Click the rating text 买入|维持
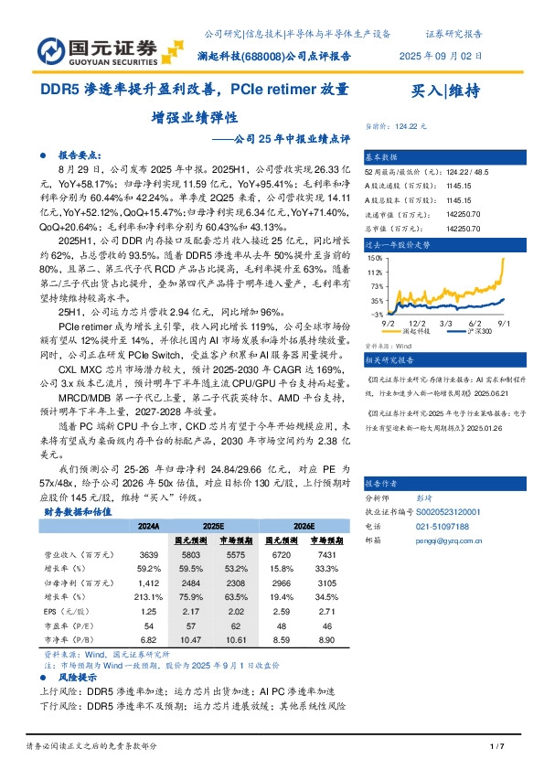point(446,91)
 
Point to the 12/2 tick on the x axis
point(418,323)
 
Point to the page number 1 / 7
point(497,747)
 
